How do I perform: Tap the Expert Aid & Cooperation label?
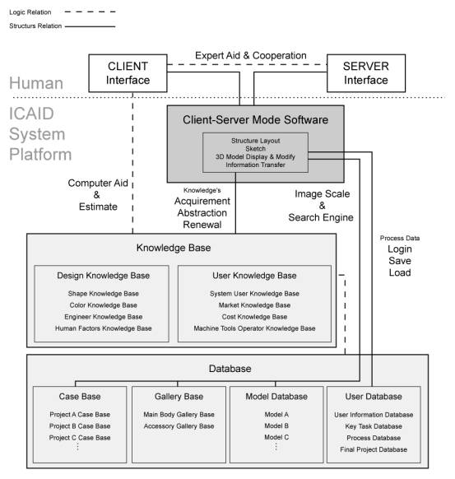[251, 56]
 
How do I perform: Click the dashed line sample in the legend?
[90, 12]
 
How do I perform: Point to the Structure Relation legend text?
[35, 26]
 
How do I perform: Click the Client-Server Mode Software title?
[255, 120]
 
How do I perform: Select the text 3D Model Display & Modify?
[255, 156]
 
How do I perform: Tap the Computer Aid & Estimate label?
[98, 195]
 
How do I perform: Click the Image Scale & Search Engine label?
[321, 206]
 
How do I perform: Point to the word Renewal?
[202, 225]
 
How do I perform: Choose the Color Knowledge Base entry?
[103, 305]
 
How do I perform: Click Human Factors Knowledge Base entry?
[103, 328]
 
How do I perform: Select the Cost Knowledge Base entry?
[254, 317]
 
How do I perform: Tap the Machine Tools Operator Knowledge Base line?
[254, 328]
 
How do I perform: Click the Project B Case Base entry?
[80, 426]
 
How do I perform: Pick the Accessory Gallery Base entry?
[179, 426]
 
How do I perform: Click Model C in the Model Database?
[276, 438]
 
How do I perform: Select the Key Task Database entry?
[374, 426]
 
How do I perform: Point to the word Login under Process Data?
[400, 249]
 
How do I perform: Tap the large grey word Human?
[36, 83]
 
